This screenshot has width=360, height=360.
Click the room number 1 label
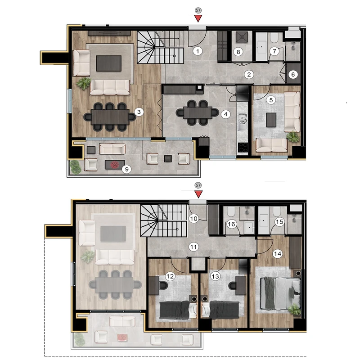point(198,51)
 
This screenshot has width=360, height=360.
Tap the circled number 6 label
point(293,74)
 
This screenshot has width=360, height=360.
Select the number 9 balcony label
point(126,170)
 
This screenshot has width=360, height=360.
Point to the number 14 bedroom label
point(278,254)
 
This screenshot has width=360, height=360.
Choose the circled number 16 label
point(231,224)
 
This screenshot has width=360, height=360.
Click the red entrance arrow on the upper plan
point(198,18)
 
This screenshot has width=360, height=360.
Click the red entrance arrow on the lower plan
point(198,194)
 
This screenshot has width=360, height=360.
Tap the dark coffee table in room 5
point(271,120)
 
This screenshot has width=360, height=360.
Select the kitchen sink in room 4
point(243,121)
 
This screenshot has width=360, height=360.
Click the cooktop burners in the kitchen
point(243,148)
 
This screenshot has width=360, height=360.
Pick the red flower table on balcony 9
point(115,165)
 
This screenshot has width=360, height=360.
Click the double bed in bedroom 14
point(280,294)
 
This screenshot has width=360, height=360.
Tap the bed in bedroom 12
point(178,310)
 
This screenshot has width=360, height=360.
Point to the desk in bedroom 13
point(241,285)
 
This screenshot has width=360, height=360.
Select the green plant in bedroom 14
point(294,309)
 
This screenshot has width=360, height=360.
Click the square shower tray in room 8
point(242,37)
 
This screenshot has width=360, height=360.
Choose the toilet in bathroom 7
point(274,38)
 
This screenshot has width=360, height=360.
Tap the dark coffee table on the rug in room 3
point(108,63)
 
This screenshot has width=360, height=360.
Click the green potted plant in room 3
point(84,83)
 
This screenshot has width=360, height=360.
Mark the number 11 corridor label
point(193,247)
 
